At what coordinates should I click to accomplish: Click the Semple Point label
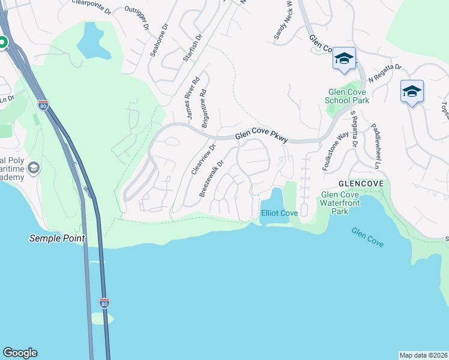pyautogui.click(x=57, y=238)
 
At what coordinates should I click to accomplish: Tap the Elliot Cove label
pyautogui.click(x=279, y=213)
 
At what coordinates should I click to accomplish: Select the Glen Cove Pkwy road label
pyautogui.click(x=261, y=137)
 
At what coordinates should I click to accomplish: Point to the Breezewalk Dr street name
pyautogui.click(x=211, y=178)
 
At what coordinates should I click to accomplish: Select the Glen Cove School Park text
pyautogui.click(x=346, y=97)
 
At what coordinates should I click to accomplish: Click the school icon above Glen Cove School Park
pyautogui.click(x=344, y=58)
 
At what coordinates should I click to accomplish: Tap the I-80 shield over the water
pyautogui.click(x=104, y=303)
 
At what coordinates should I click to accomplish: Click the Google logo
pyautogui.click(x=20, y=353)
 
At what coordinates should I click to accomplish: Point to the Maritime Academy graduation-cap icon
pyautogui.click(x=33, y=167)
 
